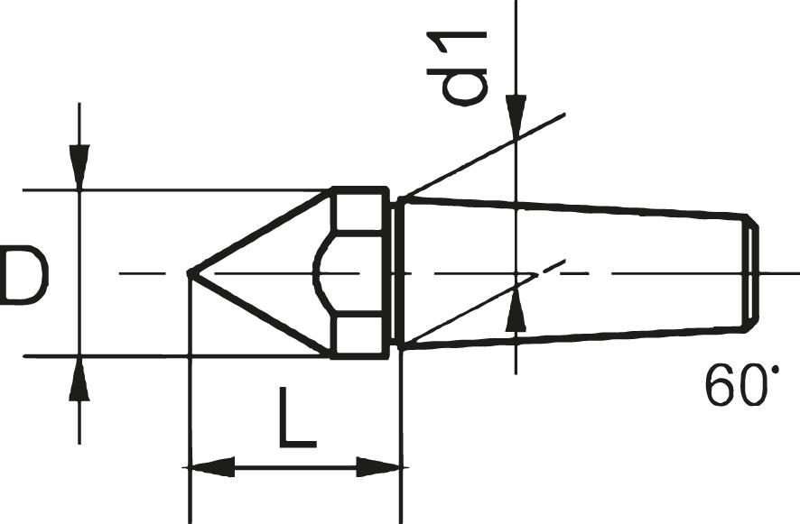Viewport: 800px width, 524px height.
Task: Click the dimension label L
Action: (297, 418)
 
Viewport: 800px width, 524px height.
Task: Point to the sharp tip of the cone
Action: (190, 272)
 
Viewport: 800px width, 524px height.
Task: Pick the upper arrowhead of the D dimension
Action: (80, 168)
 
